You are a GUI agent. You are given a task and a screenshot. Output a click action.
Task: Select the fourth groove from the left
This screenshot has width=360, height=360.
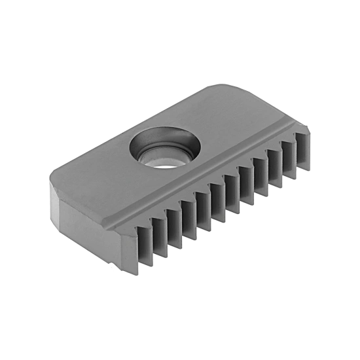click(x=189, y=219)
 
